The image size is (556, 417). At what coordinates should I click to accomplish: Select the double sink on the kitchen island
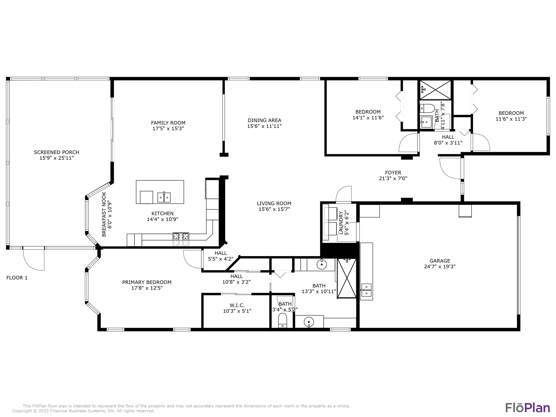point(164,197)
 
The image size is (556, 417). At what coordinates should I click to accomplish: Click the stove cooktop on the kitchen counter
point(181,236)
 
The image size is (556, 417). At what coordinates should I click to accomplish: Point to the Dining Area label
point(264,120)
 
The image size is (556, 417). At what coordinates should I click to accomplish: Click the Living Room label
point(274,203)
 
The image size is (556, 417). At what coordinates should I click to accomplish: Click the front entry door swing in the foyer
point(450,168)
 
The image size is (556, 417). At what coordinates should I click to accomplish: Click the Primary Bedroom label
point(147,282)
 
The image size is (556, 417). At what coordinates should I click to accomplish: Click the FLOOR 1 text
point(17,278)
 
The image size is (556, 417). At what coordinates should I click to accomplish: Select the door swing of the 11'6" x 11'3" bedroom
point(481,142)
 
